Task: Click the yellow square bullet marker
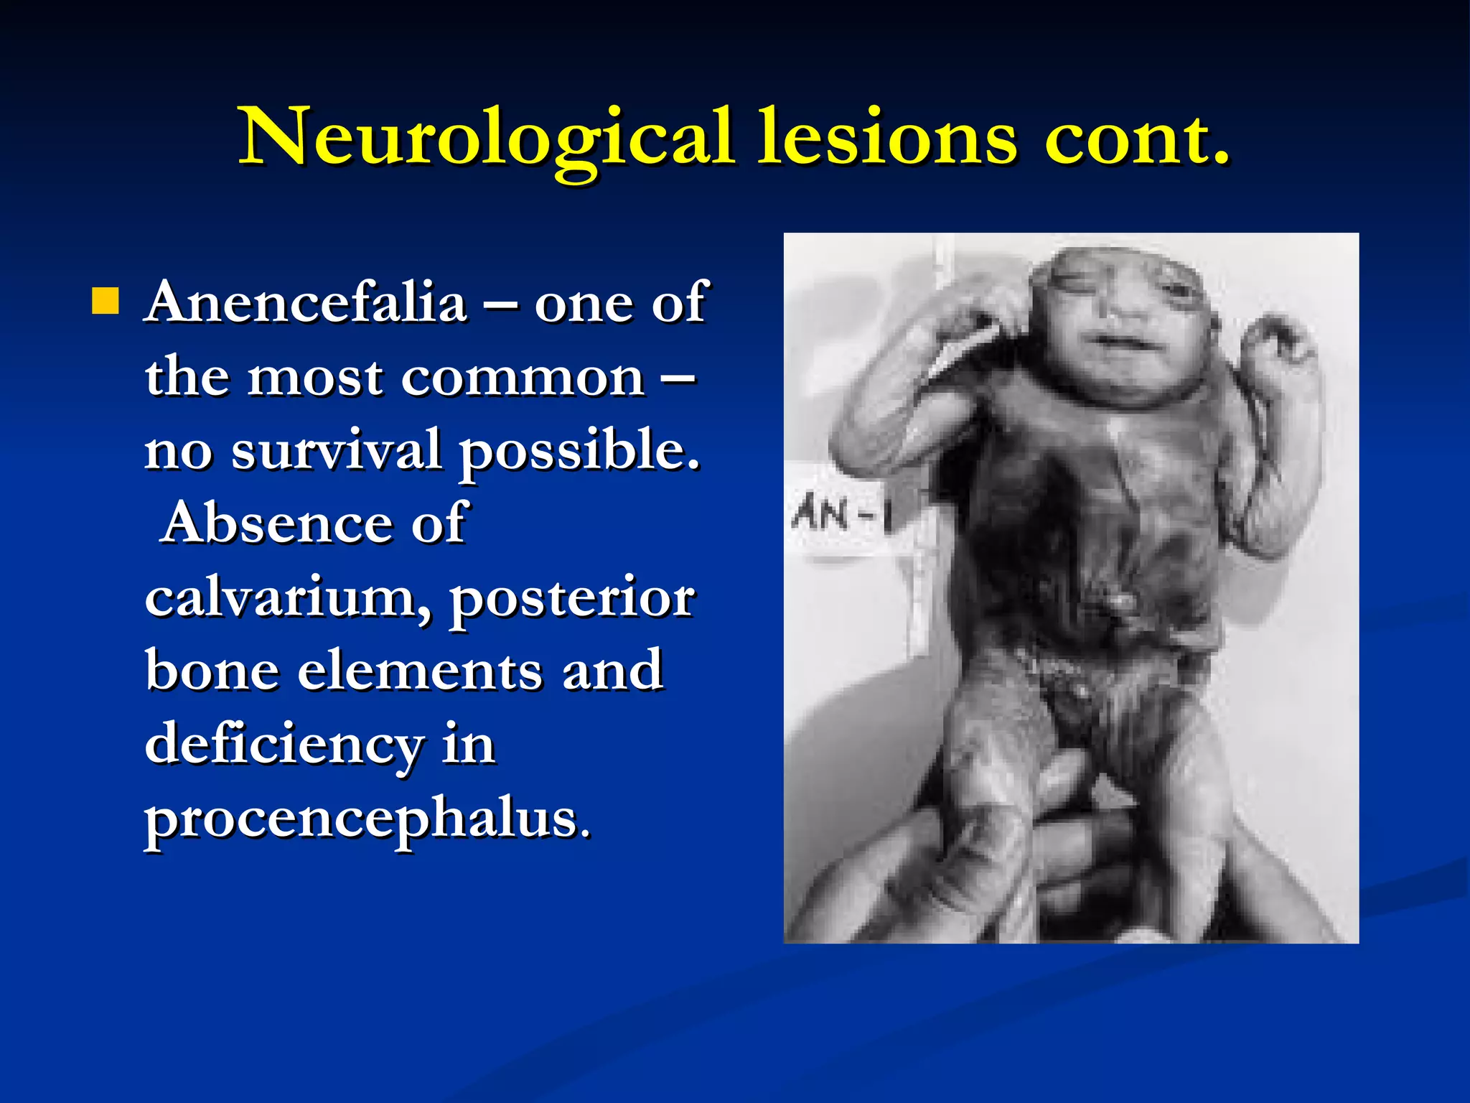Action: (106, 302)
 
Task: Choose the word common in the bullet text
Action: (523, 378)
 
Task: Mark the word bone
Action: (212, 671)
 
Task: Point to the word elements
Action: (420, 671)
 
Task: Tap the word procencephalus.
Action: (368, 819)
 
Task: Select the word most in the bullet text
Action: (315, 378)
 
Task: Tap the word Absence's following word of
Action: (439, 523)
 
